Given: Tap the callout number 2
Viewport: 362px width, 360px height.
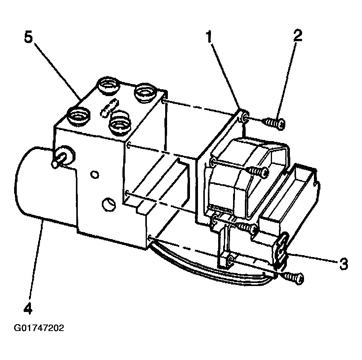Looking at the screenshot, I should [298, 35].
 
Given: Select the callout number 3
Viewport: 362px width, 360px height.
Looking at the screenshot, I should [343, 263].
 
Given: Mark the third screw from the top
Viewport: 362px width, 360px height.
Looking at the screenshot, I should [248, 228].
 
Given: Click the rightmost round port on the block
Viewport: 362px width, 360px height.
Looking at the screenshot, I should [145, 92].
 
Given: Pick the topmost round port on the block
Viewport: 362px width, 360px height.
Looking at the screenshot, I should [108, 85].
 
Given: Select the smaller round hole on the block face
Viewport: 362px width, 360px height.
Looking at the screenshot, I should [95, 175].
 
